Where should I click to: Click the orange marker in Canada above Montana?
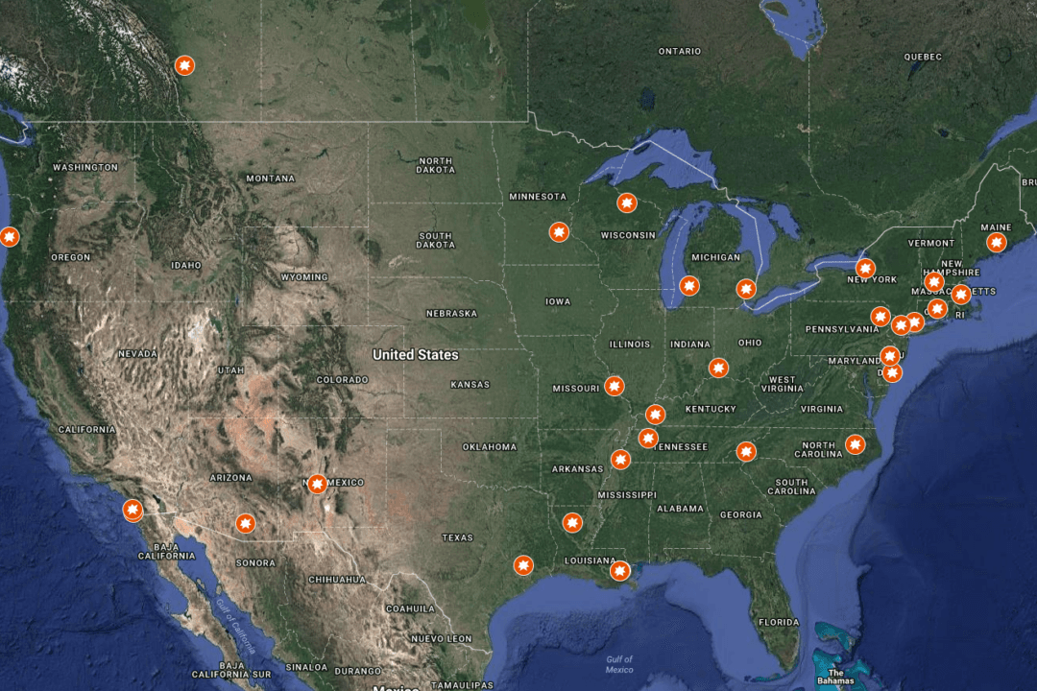pyautogui.click(x=184, y=65)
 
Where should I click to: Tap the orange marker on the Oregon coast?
pyautogui.click(x=10, y=236)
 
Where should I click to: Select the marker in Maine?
pyautogui.click(x=996, y=242)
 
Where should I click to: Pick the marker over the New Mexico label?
pyautogui.click(x=315, y=483)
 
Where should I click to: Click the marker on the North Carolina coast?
pyautogui.click(x=856, y=444)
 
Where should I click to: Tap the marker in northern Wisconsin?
pyautogui.click(x=626, y=203)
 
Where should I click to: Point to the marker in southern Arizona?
pyautogui.click(x=246, y=523)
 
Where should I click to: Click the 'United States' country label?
pyautogui.click(x=416, y=354)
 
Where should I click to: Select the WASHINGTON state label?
pyautogui.click(x=85, y=167)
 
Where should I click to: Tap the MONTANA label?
pyautogui.click(x=270, y=179)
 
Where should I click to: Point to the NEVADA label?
pyautogui.click(x=137, y=353)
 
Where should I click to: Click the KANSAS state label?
pyautogui.click(x=470, y=384)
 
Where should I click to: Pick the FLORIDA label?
pyautogui.click(x=778, y=622)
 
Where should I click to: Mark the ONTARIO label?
pyautogui.click(x=680, y=51)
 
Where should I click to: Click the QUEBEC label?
pyautogui.click(x=923, y=57)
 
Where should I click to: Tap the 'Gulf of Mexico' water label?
pyautogui.click(x=619, y=663)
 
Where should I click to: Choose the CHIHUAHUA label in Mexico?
pyautogui.click(x=336, y=579)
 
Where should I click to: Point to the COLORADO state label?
pyautogui.click(x=342, y=379)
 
